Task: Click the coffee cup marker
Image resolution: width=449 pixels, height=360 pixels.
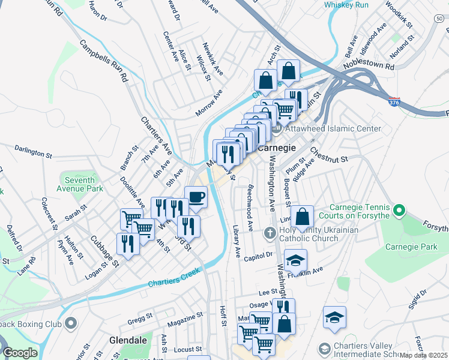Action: tap(196, 196)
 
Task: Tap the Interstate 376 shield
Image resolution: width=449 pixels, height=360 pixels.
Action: tap(394, 103)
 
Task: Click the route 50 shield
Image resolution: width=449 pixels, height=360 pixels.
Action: tap(439, 19)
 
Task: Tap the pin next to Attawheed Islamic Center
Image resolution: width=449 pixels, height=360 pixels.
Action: tap(277, 128)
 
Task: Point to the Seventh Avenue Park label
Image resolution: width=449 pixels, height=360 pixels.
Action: tap(80, 184)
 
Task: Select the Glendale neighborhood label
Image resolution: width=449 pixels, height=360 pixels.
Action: tap(128, 340)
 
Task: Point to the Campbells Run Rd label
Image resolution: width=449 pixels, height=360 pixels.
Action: tap(104, 61)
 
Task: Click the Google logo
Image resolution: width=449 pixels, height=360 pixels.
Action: tap(20, 353)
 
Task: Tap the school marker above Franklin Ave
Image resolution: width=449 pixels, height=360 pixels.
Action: tap(295, 260)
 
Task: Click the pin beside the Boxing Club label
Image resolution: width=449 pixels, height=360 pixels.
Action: tap(71, 324)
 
